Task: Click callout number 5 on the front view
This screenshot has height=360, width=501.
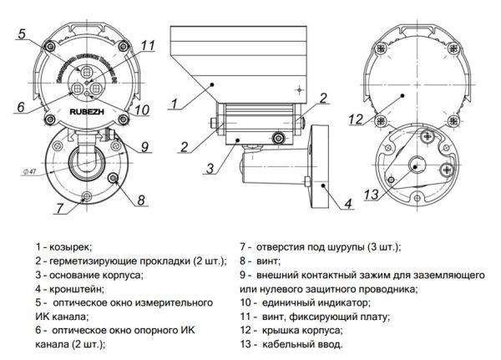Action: click(x=23, y=34)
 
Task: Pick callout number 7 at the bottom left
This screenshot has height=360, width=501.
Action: click(x=60, y=206)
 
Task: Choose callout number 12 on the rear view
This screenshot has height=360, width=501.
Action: click(x=356, y=119)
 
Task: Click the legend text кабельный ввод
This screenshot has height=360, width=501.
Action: click(x=302, y=342)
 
